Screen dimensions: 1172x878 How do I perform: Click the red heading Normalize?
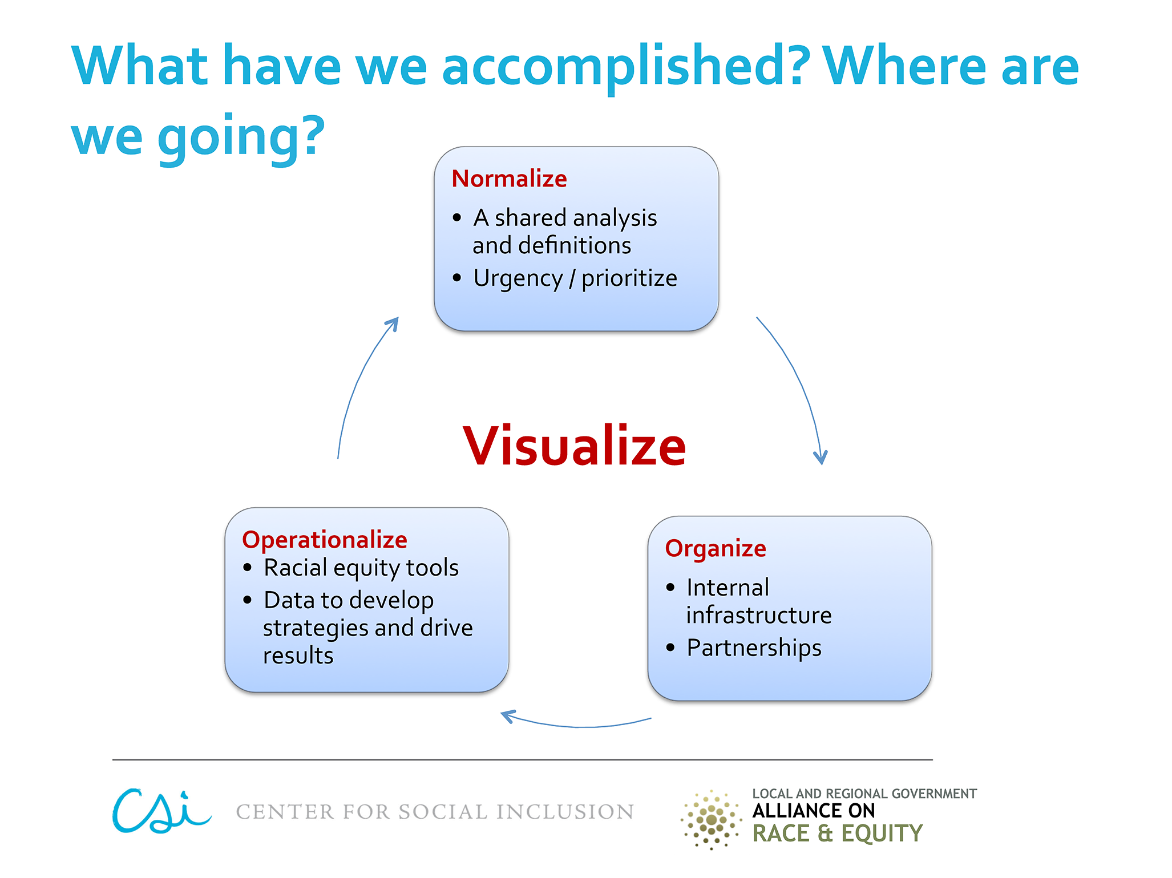509,179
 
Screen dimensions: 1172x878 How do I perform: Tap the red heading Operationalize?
325,540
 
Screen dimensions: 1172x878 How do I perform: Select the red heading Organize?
716,549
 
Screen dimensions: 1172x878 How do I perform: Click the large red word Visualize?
575,446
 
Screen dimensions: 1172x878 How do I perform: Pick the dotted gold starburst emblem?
711,820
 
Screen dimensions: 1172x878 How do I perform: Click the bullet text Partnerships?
754,648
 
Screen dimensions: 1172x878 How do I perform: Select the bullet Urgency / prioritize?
575,278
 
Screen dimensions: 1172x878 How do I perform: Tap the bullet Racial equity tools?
361,568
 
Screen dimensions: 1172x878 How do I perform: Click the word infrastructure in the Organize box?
759,615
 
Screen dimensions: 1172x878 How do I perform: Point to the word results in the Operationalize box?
298,656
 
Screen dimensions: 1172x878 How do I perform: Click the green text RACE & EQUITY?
837,834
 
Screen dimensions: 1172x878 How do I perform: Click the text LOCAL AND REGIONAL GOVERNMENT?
864,794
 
